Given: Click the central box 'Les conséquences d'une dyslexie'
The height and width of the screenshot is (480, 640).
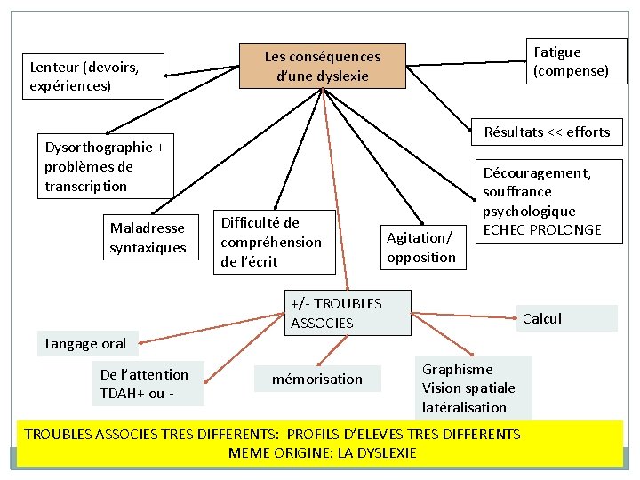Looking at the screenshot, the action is [323, 66].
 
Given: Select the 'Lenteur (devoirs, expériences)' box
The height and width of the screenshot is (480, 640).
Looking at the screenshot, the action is [93, 76].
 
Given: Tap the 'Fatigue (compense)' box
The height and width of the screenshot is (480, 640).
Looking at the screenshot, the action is [577, 61].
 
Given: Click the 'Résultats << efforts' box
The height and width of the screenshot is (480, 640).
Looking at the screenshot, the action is [547, 132].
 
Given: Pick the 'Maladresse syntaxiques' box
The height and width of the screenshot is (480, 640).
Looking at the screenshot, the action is [151, 237].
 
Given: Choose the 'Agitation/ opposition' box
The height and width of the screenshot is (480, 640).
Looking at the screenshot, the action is [423, 247].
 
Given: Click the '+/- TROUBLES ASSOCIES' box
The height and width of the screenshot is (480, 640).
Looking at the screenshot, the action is [348, 313].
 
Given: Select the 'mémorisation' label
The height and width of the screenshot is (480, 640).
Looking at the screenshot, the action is [317, 379].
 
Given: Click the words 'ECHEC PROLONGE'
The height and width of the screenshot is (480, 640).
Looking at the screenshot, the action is [542, 230].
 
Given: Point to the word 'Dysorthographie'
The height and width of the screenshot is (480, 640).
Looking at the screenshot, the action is [99, 148].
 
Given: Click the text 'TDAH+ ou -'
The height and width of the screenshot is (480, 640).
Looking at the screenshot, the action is [137, 394].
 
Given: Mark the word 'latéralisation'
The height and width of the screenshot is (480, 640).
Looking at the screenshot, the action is [464, 407].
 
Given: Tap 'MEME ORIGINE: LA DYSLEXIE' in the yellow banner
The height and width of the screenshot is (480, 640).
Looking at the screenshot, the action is [323, 452].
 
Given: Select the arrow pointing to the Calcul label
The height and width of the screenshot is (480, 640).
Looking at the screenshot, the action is [464, 316].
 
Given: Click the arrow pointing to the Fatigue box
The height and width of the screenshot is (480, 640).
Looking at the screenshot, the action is [467, 63].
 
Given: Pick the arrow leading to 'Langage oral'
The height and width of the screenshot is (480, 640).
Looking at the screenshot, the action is [212, 328].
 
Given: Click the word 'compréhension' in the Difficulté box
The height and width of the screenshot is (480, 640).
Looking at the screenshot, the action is [271, 243].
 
